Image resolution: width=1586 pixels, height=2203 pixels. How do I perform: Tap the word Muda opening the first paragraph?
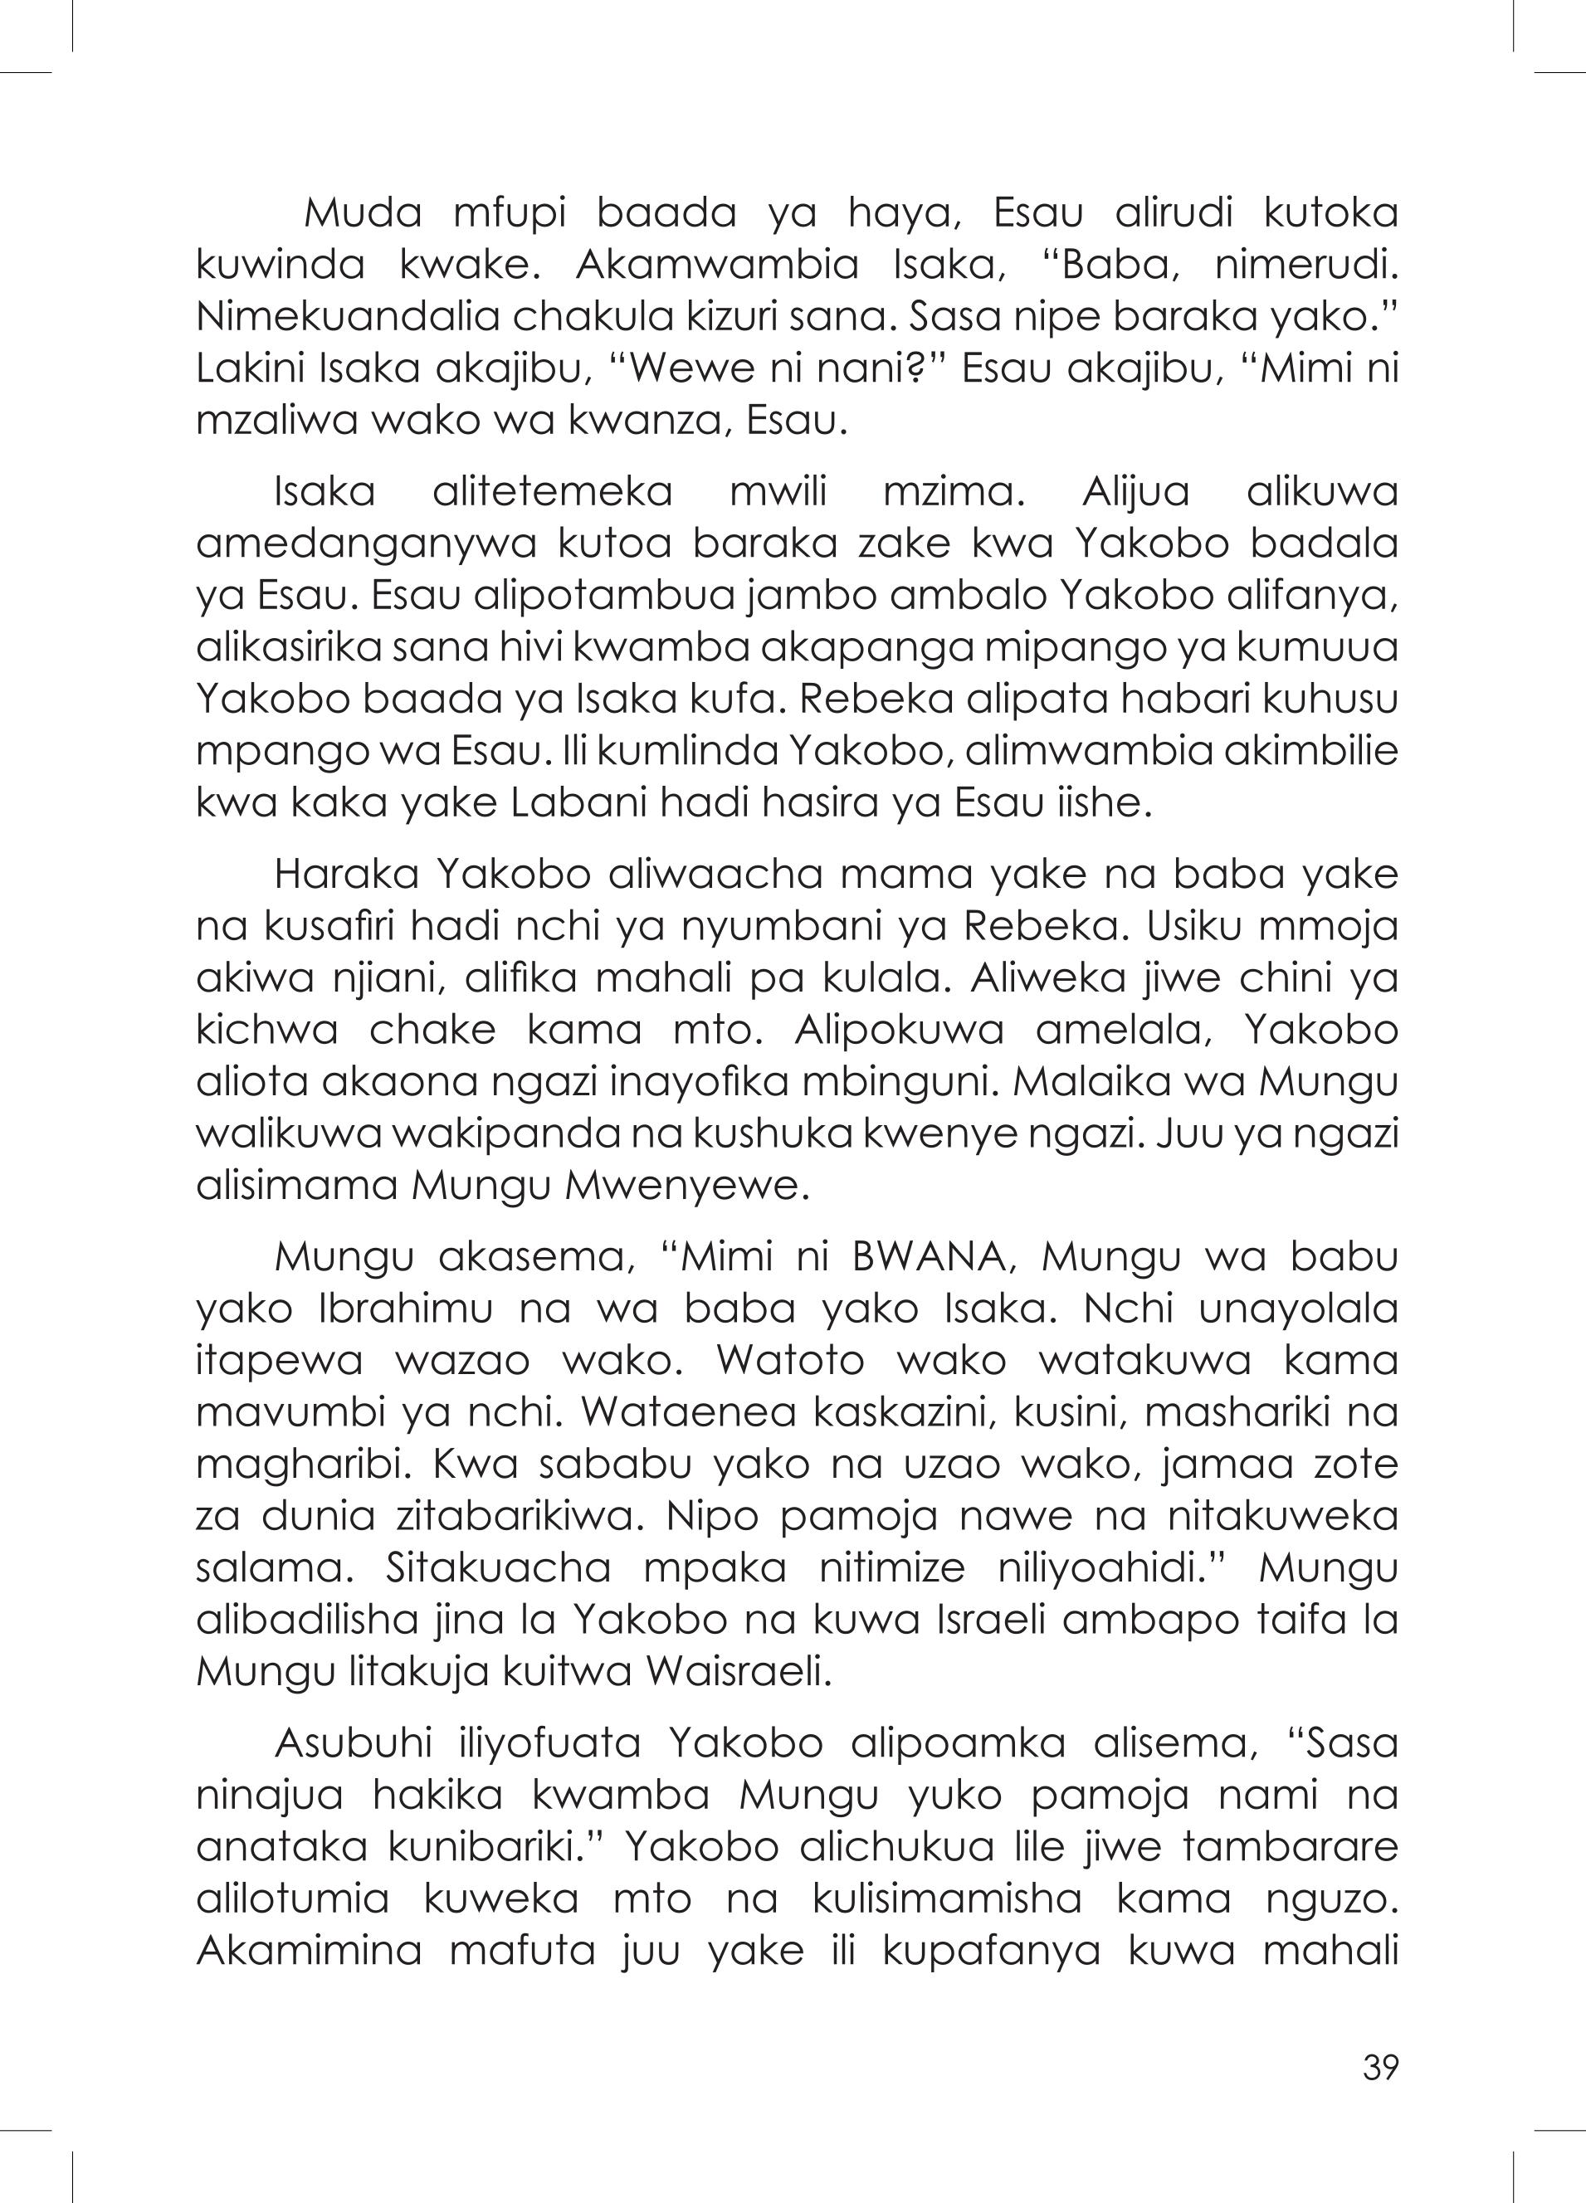[363, 215]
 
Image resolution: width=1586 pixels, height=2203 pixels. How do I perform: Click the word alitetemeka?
[552, 493]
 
